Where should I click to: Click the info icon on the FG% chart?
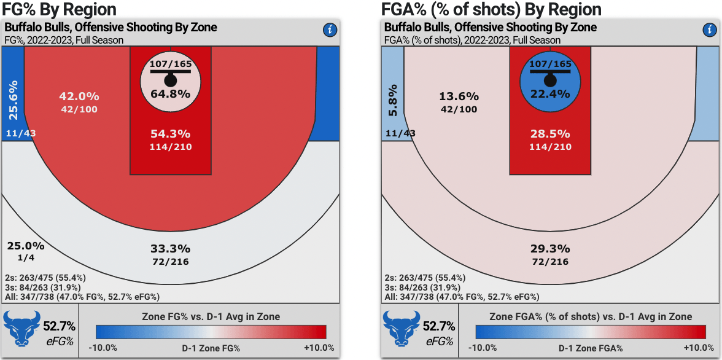pos(330,30)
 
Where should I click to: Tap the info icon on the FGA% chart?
pos(709,30)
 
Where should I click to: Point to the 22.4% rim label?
pos(550,93)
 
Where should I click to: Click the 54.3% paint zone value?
pos(171,133)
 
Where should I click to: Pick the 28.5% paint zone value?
pos(550,133)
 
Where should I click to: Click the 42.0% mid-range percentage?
pos(79,96)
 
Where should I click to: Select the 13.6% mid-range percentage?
pos(459,96)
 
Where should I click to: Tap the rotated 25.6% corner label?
pos(12,99)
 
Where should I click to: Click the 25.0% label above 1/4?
pos(26,246)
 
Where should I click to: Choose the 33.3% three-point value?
pos(171,249)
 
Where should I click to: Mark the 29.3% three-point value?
pos(550,249)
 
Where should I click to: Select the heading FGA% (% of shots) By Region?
pos(491,9)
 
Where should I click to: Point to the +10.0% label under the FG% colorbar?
pos(319,348)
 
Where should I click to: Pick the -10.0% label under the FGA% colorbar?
pos(483,348)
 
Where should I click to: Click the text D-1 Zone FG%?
pos(211,348)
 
